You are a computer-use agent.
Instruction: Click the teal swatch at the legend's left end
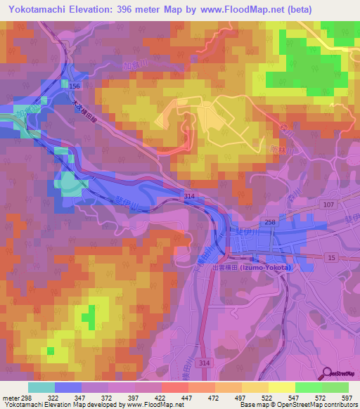41,387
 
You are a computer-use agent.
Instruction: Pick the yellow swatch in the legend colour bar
281,387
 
